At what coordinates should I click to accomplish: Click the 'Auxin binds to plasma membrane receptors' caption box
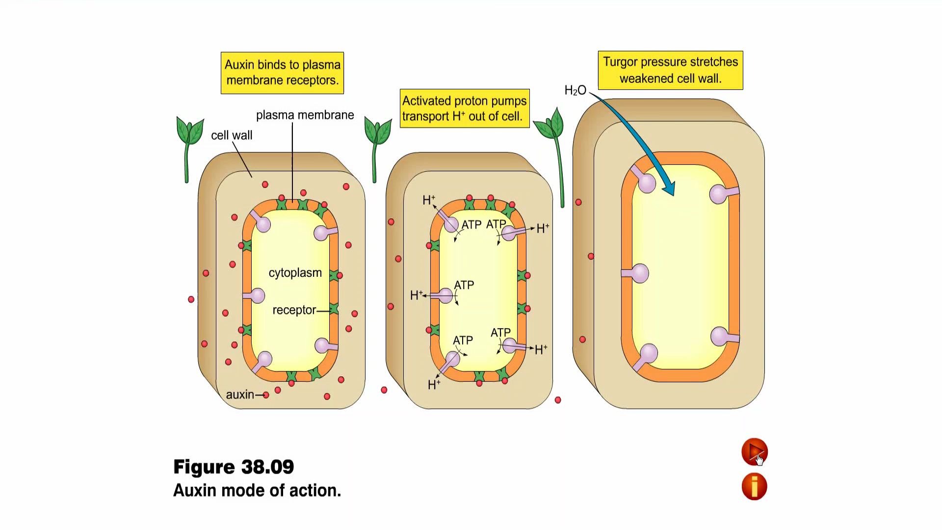tap(282, 73)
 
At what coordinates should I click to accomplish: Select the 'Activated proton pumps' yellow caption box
tap(464, 108)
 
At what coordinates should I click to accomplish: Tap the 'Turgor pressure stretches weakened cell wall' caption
tap(670, 70)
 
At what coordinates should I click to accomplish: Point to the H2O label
tap(575, 90)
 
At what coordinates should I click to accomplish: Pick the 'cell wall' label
tap(232, 135)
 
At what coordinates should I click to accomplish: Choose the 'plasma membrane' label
tap(305, 115)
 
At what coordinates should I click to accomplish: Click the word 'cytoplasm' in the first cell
tap(295, 273)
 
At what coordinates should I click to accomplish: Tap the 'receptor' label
tap(294, 310)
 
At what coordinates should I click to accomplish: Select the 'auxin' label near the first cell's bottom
tap(240, 395)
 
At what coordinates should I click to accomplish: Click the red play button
tap(754, 451)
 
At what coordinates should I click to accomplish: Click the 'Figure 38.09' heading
tap(234, 467)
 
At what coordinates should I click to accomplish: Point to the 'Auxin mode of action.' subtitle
tap(257, 490)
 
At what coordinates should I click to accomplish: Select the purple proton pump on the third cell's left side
tap(638, 273)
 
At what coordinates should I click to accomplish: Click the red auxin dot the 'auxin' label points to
tap(266, 395)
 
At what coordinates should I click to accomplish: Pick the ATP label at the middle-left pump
tap(464, 285)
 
